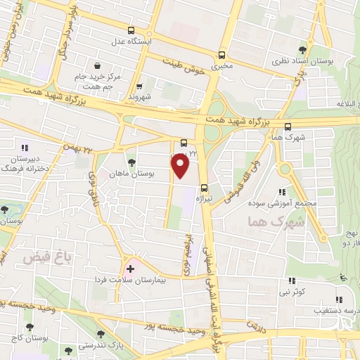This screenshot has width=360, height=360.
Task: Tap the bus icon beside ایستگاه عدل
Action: (x=131, y=30)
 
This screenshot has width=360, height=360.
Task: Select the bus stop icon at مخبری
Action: (x=222, y=54)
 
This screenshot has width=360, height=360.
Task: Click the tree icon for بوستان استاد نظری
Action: (x=302, y=49)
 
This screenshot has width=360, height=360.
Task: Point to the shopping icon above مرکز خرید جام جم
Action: (x=106, y=65)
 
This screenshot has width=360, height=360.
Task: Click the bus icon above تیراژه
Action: (x=205, y=187)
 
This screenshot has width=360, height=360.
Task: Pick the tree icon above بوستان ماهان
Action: (x=131, y=162)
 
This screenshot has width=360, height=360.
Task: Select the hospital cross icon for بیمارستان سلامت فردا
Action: (x=130, y=269)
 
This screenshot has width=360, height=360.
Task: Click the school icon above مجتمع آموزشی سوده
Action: (x=282, y=192)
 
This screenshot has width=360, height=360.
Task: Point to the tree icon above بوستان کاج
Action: (x=30, y=327)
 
